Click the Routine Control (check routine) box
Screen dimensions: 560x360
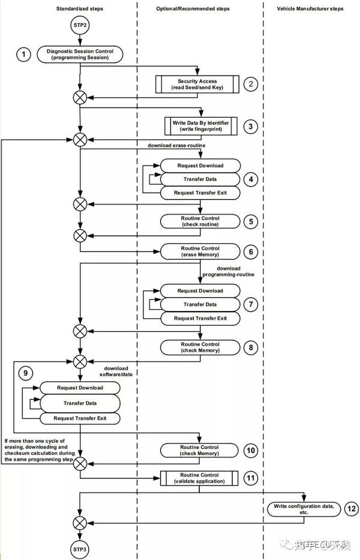pos(200,221)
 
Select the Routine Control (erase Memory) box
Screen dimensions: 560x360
pos(200,251)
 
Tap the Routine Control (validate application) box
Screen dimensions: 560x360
pos(200,478)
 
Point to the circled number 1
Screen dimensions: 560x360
pos(23,55)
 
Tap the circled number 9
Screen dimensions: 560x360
pos(26,373)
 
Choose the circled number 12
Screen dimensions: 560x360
pos(352,508)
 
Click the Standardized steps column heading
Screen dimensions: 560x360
pos(80,9)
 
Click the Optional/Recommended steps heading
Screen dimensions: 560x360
pos(200,9)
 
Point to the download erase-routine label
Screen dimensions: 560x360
pos(178,146)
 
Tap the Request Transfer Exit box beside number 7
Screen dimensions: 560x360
pos(200,318)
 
